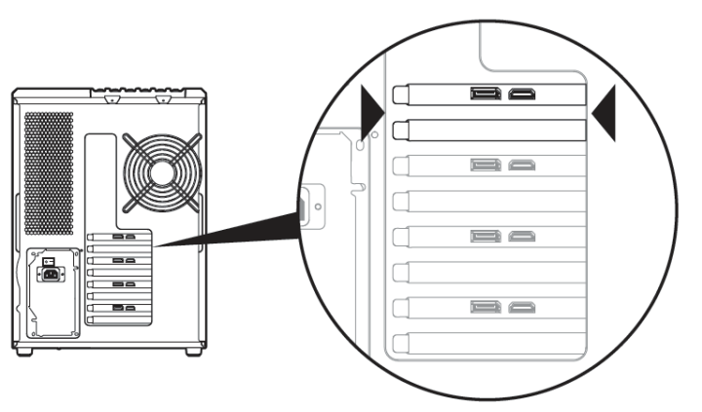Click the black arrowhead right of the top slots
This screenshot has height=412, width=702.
[x=606, y=110]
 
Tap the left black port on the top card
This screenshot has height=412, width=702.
[x=485, y=94]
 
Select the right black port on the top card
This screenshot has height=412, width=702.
[x=523, y=94]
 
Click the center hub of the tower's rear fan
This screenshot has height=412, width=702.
[x=163, y=169]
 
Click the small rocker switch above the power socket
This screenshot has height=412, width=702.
[x=47, y=262]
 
